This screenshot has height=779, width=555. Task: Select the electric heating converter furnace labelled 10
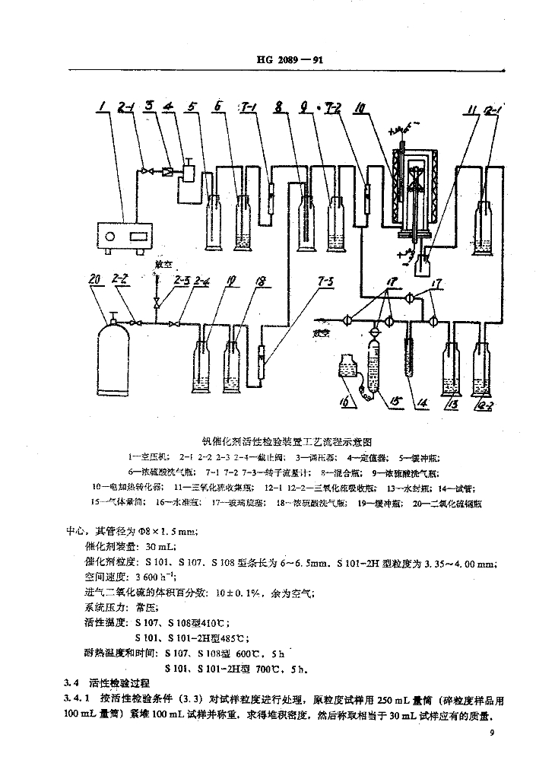(414, 190)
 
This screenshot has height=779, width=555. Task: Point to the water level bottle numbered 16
(352, 372)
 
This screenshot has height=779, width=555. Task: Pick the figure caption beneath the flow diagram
(285, 440)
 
